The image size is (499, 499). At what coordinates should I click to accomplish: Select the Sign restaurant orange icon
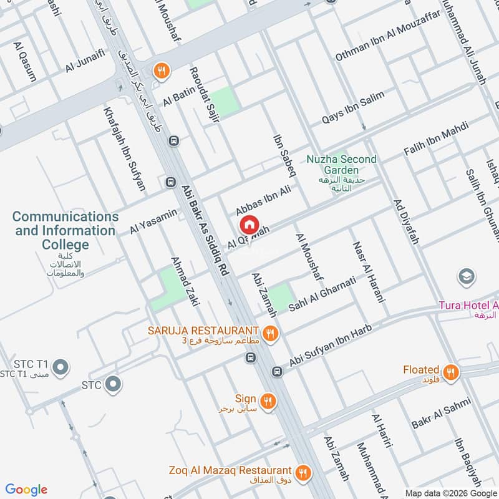(268, 401)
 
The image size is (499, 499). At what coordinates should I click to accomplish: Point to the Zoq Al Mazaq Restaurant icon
(303, 472)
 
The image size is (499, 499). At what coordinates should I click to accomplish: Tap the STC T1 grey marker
(61, 368)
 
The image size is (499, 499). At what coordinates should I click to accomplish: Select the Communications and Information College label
(65, 231)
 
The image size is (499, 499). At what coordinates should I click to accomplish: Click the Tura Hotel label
(468, 306)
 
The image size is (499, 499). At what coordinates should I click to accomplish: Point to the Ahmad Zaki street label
(185, 281)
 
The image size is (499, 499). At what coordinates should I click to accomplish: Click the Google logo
(26, 490)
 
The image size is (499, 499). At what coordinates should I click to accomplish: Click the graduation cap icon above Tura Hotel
(465, 276)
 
